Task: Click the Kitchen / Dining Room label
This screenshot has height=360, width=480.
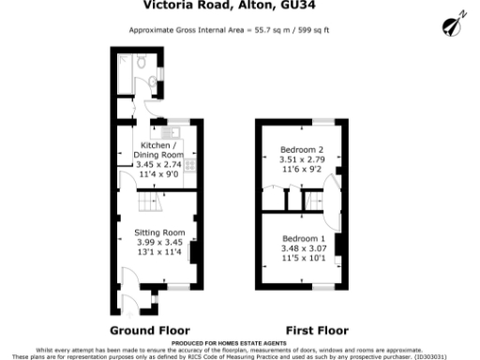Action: point(156,151)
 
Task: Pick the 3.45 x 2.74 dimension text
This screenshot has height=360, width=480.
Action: point(156,165)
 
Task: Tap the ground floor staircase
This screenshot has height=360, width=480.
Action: point(150,201)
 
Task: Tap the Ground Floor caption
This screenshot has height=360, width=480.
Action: point(150,331)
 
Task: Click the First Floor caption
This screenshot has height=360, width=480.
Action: point(317,331)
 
